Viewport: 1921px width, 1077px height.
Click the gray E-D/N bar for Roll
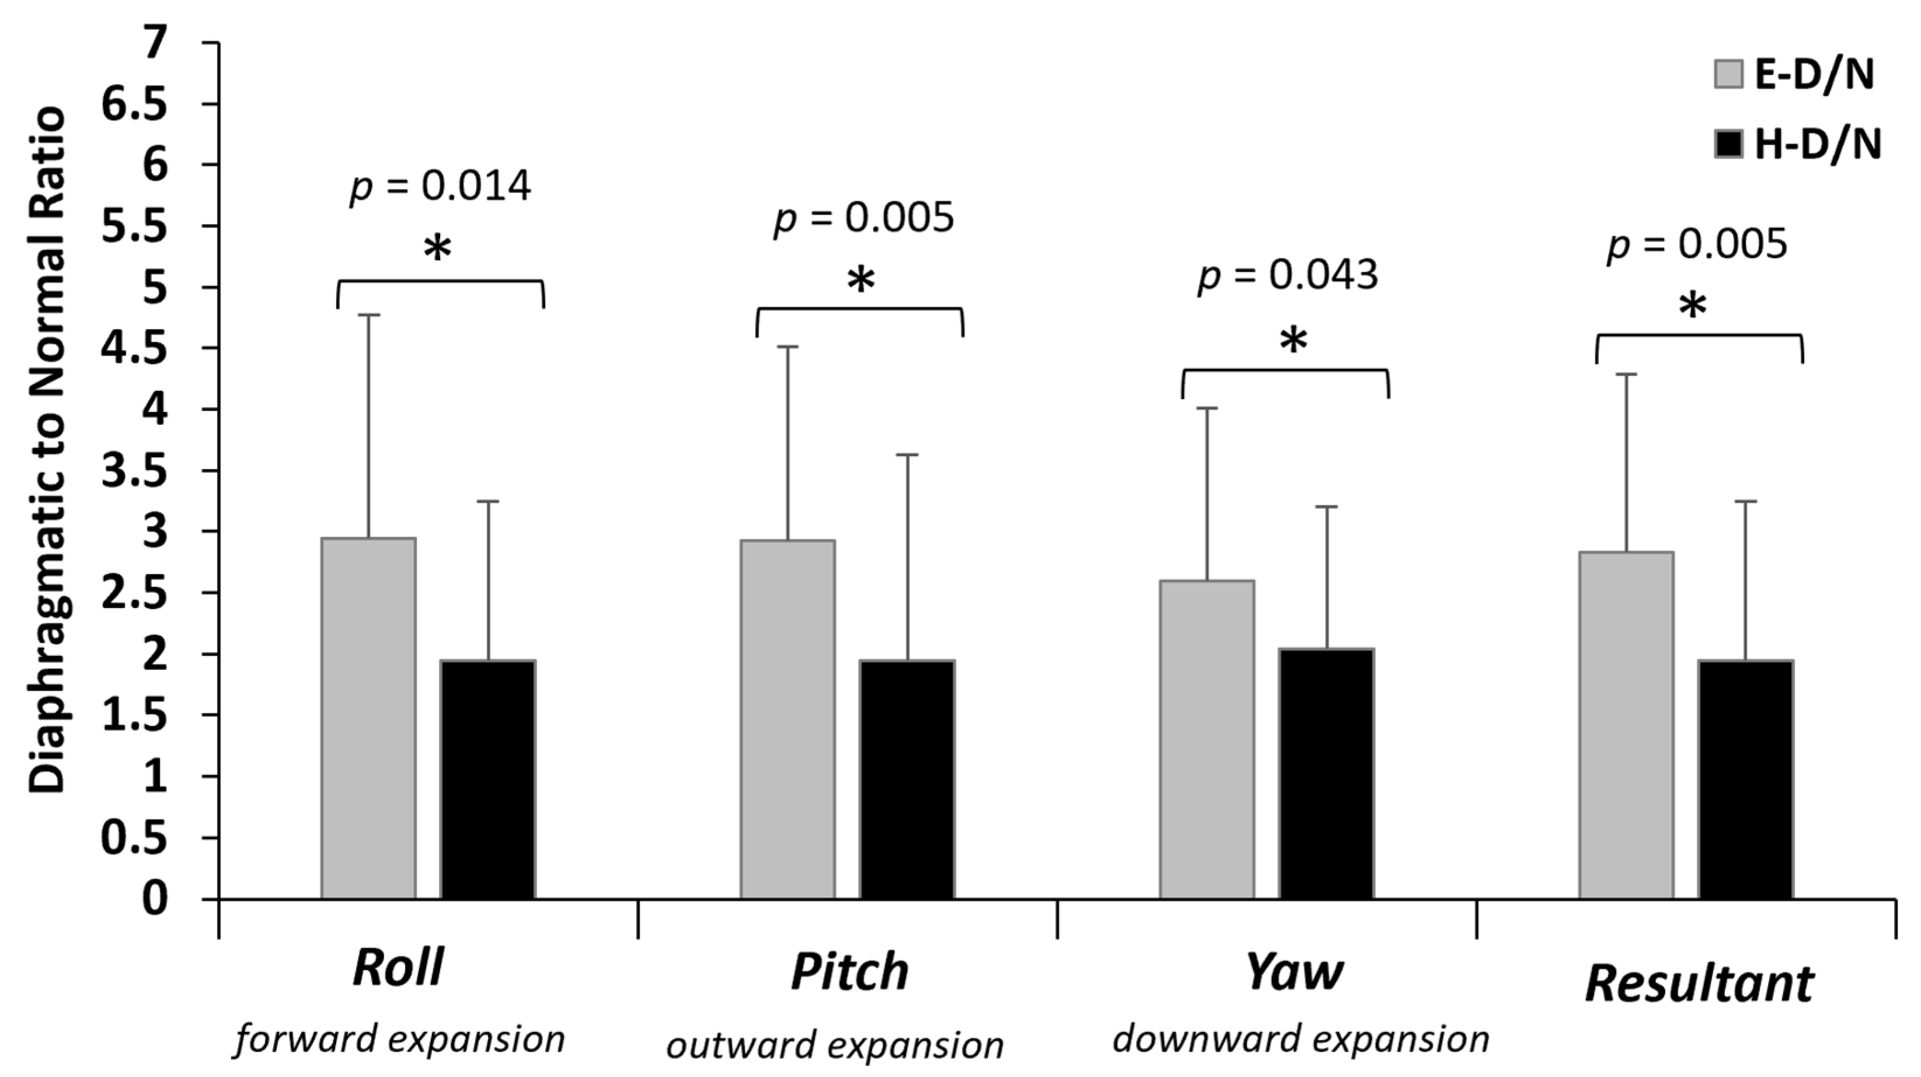(368, 719)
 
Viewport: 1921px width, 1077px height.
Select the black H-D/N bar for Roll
(488, 779)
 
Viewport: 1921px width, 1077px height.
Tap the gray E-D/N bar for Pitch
(787, 720)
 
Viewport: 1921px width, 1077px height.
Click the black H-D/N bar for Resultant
(1746, 779)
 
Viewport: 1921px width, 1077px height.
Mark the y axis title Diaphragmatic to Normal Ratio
(49, 450)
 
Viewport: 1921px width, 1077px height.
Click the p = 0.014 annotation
(440, 187)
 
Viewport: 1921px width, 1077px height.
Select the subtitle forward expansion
(399, 1039)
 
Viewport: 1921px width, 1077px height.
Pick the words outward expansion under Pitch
(835, 1045)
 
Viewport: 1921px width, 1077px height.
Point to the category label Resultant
(1699, 984)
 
